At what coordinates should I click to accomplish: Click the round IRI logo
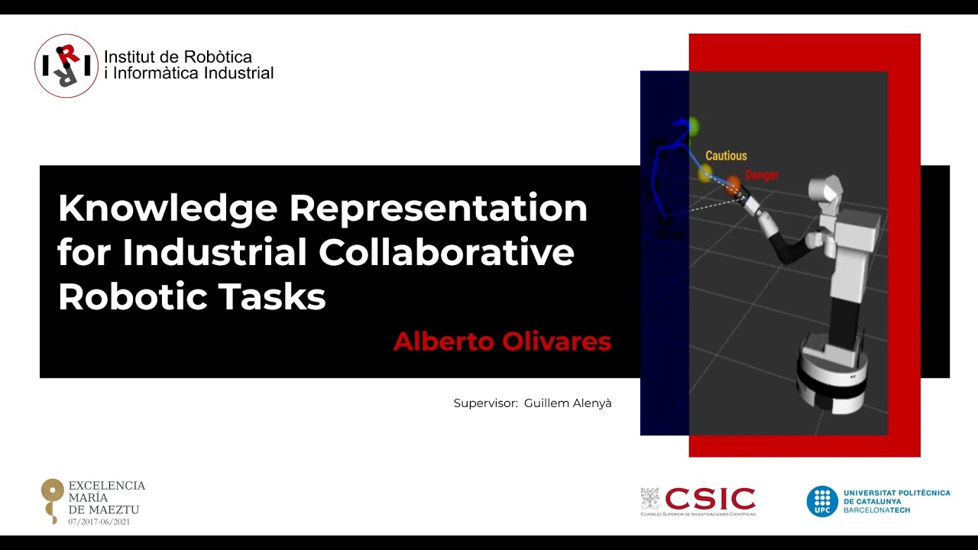(66, 66)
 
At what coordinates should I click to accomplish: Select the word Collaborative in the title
(446, 252)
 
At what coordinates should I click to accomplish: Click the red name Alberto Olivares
(502, 341)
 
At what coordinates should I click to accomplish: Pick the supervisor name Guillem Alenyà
(568, 403)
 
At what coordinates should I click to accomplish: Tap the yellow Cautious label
(726, 156)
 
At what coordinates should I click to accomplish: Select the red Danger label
(762, 175)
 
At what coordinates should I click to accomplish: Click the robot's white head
(826, 190)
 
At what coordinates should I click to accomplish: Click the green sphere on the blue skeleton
(692, 125)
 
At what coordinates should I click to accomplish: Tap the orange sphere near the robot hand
(733, 183)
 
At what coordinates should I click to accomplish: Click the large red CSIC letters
(710, 499)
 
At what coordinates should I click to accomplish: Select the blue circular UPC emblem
(822, 501)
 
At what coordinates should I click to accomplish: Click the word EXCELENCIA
(107, 486)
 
